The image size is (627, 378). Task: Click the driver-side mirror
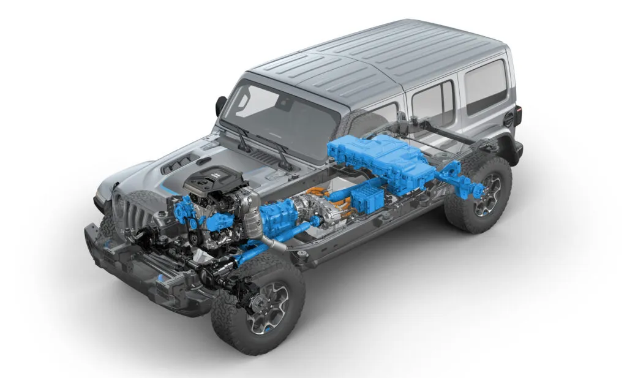[220, 105]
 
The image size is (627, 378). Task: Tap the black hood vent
[178, 163]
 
